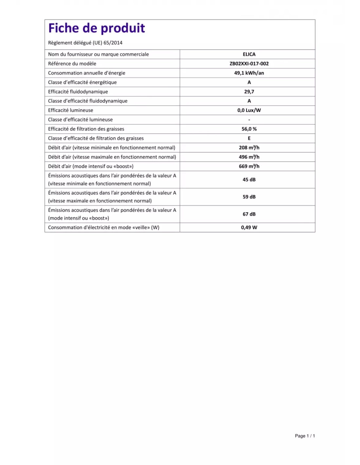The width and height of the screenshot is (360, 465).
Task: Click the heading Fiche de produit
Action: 97,28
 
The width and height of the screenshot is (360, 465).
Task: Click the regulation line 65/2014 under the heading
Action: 85,43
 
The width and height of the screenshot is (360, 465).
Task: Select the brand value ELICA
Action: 249,54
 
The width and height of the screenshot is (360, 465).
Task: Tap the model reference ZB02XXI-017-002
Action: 249,64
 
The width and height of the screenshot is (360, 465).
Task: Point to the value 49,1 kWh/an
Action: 249,73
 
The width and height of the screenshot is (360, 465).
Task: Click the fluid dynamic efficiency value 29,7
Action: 249,92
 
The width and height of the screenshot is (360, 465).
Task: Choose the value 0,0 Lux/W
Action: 249,111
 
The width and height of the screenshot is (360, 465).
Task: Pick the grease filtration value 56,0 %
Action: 249,129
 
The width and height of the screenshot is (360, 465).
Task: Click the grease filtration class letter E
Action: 249,138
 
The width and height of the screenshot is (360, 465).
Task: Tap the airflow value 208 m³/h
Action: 249,148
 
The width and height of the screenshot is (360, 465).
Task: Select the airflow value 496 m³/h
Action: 249,157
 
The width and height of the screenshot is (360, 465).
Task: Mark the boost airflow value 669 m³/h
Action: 249,166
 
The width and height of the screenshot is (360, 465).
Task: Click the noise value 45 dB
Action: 249,180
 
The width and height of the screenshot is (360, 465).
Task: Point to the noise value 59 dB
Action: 249,197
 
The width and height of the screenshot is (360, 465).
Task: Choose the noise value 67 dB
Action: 249,214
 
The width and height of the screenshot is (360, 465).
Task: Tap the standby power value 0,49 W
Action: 249,228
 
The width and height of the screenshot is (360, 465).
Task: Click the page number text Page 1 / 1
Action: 305,436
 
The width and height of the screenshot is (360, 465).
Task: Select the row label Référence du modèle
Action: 72,64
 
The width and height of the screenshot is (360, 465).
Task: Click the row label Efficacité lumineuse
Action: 70,111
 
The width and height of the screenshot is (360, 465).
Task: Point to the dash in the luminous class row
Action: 249,120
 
